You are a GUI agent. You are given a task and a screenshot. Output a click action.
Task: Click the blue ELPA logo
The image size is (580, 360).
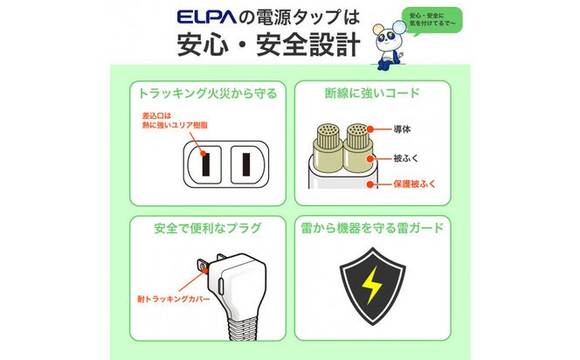(x=206, y=17)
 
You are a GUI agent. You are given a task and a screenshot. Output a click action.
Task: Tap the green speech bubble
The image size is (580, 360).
(x=432, y=21)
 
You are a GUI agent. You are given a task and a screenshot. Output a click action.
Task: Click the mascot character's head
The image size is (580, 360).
(x=389, y=38)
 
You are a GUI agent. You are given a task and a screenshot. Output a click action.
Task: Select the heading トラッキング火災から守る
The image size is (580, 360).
(x=208, y=93)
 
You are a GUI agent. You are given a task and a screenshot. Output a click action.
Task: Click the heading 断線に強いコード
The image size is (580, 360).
(x=372, y=93)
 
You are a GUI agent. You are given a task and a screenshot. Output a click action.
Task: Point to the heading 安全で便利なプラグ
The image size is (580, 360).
(x=208, y=228)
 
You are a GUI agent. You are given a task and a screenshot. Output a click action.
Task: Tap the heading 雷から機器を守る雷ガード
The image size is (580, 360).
(x=372, y=228)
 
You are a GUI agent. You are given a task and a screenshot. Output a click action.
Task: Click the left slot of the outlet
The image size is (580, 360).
(x=205, y=164)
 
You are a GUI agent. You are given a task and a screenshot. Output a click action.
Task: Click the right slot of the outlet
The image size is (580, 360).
(x=246, y=164)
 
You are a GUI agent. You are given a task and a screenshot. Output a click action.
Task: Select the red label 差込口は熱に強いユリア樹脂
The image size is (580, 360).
(x=175, y=121)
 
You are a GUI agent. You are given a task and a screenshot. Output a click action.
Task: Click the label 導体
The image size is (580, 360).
(x=402, y=129)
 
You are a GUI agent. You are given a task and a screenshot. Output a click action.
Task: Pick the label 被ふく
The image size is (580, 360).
(x=406, y=158)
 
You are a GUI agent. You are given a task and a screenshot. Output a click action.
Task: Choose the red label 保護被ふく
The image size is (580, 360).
(x=415, y=183)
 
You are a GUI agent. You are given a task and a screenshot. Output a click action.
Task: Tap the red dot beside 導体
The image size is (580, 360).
(x=370, y=129)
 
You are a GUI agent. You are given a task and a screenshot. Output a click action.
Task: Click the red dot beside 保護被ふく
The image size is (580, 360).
(x=370, y=183)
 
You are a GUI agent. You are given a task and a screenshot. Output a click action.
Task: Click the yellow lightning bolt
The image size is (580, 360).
(x=372, y=285)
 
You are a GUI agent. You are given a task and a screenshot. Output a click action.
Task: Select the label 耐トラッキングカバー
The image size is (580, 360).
(x=174, y=299)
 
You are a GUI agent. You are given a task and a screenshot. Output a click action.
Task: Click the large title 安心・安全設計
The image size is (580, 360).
(x=269, y=45)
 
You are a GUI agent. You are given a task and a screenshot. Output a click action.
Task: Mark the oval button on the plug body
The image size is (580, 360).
(x=221, y=286)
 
